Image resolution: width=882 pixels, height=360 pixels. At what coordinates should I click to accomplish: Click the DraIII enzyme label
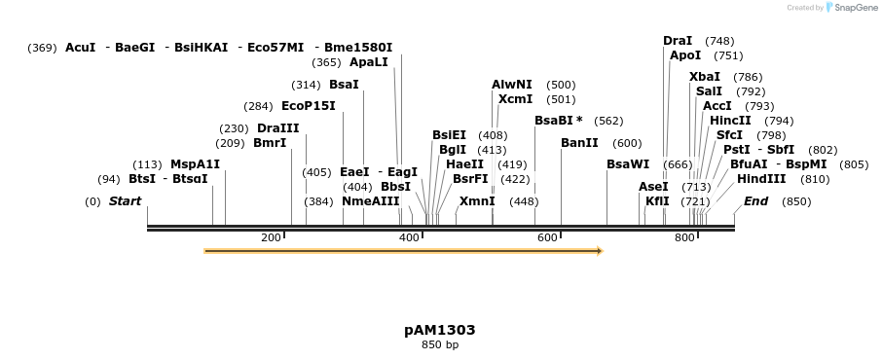pyautogui.click(x=278, y=128)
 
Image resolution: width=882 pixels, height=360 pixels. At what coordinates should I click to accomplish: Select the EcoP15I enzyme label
pyautogui.click(x=308, y=106)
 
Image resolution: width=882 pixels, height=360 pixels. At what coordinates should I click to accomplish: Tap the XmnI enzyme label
pyautogui.click(x=477, y=201)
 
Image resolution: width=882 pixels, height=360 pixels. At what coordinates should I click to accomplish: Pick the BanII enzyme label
pyautogui.click(x=579, y=143)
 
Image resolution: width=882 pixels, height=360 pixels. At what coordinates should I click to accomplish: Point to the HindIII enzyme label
pyautogui.click(x=761, y=179)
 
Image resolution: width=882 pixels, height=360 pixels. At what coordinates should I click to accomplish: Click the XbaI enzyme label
pyautogui.click(x=705, y=77)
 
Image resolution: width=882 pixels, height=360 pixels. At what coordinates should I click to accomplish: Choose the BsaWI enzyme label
pyautogui.click(x=627, y=164)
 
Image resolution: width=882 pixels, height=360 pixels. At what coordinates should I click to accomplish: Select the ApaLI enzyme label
pyautogui.click(x=369, y=62)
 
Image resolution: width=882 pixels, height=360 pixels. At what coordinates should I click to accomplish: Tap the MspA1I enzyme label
pyautogui.click(x=196, y=164)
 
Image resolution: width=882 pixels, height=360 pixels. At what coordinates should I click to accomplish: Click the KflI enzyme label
pyautogui.click(x=657, y=201)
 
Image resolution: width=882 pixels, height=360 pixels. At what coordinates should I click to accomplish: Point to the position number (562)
pyautogui.click(x=608, y=121)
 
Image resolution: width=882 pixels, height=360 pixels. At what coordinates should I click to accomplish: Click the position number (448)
pyautogui.click(x=524, y=201)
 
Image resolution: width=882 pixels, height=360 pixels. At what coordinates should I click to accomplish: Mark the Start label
pyautogui.click(x=125, y=201)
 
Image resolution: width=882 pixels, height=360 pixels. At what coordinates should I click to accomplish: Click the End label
pyautogui.click(x=756, y=201)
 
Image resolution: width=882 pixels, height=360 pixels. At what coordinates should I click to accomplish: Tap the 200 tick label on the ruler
pyautogui.click(x=271, y=238)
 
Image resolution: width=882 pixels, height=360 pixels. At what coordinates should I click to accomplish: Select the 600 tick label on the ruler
pyautogui.click(x=546, y=238)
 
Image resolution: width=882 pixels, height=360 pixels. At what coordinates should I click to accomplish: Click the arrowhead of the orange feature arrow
pyautogui.click(x=600, y=251)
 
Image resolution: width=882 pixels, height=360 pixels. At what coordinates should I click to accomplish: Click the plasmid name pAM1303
pyautogui.click(x=440, y=330)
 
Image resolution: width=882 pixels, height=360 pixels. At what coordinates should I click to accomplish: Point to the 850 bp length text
pyautogui.click(x=440, y=344)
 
